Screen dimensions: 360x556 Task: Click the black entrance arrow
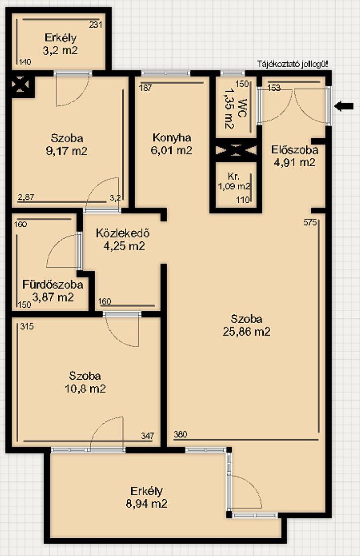point(344,106)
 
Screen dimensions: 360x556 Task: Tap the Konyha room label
point(172,138)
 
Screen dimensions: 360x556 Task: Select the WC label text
point(242,109)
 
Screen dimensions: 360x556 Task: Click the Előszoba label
point(294,150)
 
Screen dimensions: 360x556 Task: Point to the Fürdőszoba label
point(53,284)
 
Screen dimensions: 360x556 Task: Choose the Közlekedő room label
point(123,233)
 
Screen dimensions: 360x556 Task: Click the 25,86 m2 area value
point(247,332)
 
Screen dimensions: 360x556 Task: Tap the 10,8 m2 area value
point(85,389)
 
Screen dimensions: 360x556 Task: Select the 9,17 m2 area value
point(67,151)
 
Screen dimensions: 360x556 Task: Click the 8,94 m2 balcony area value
point(146,504)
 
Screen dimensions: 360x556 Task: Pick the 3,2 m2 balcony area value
point(60,50)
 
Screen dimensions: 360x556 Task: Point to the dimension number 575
point(310,222)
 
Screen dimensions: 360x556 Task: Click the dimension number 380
point(180,434)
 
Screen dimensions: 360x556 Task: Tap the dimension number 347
point(147,436)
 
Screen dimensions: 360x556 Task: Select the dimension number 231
point(96,25)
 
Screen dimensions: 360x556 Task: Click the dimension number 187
point(145,88)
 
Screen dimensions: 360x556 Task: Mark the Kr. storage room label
point(233,176)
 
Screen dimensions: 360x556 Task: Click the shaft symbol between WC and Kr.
point(236,150)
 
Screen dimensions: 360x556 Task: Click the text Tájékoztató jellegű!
point(292,64)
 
